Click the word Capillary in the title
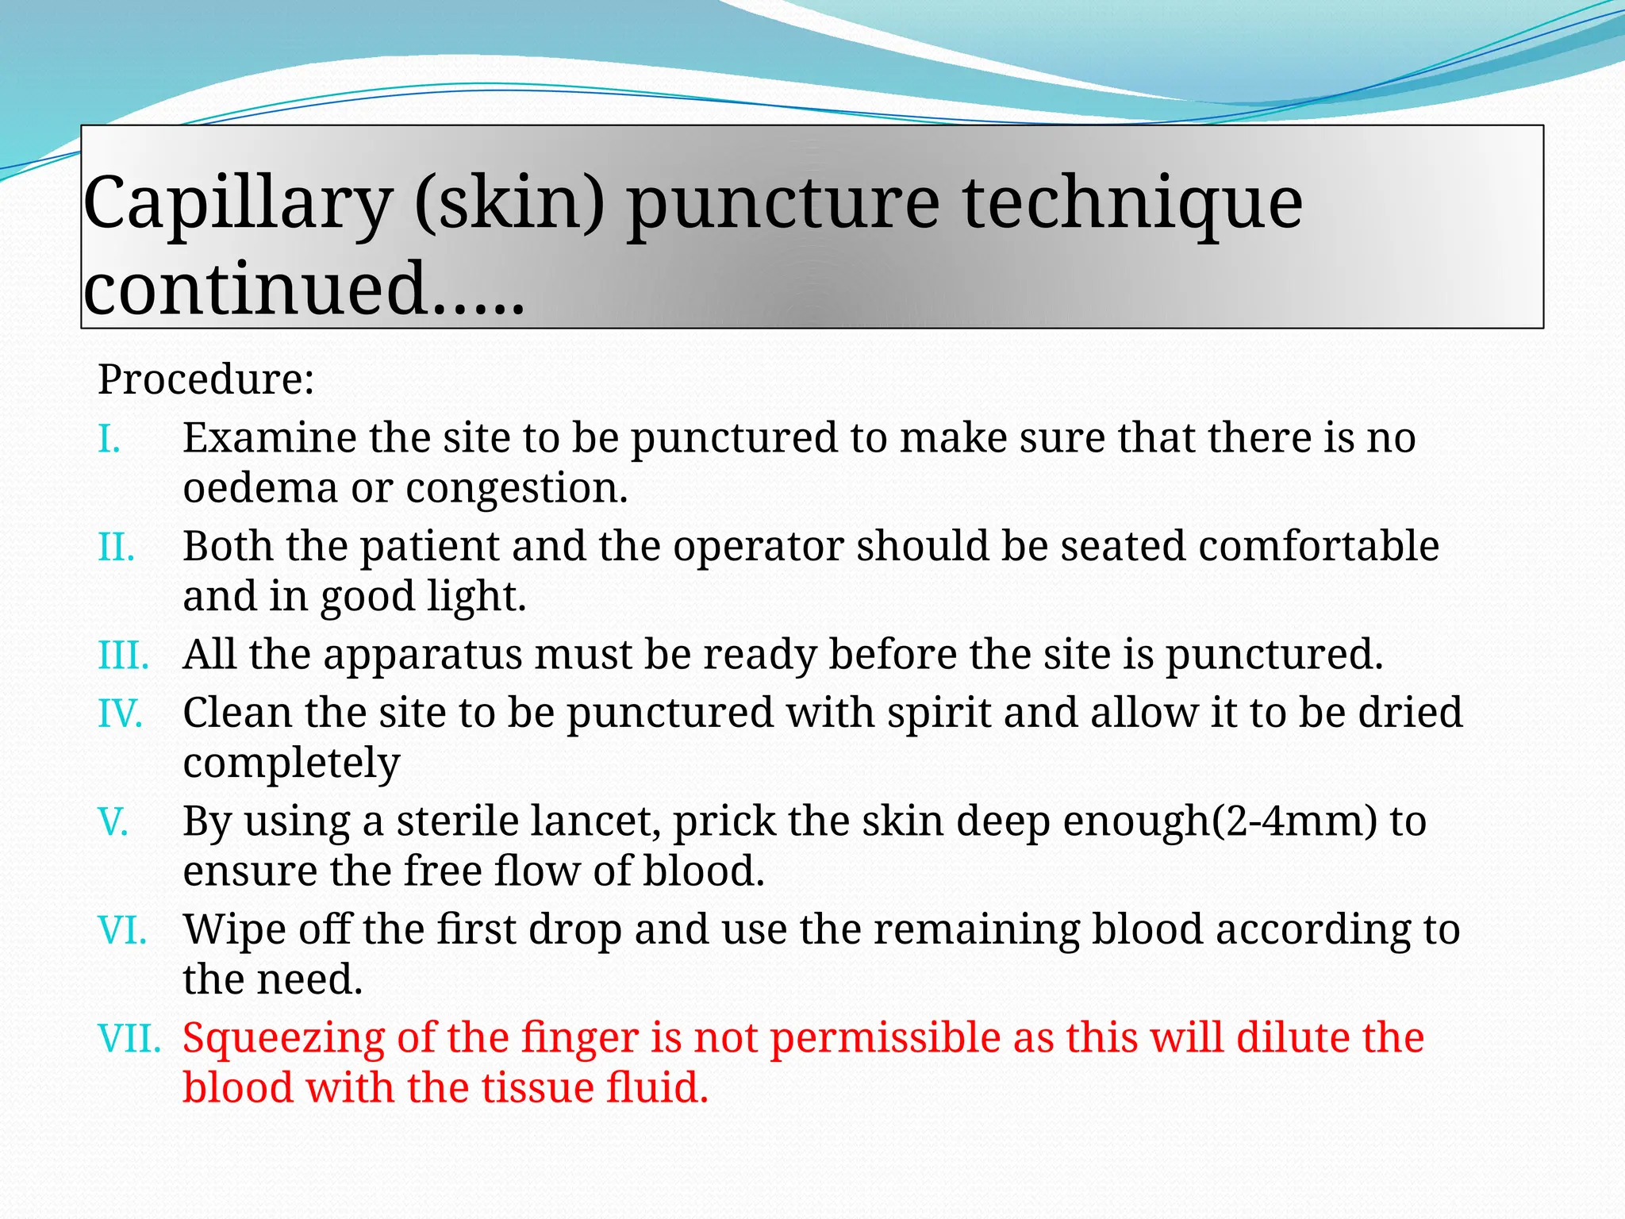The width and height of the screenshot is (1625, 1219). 237,203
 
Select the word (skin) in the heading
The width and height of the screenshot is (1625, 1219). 509,203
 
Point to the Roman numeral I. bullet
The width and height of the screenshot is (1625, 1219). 109,439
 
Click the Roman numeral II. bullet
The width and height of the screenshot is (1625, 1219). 116,548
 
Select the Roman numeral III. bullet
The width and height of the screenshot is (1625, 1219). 123,656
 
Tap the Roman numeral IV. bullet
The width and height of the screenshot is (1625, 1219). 120,713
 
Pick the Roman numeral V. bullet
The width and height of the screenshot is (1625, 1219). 113,822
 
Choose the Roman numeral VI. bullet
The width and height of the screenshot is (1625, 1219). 122,930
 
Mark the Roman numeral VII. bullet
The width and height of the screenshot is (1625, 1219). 129,1039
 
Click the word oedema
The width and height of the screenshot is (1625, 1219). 260,488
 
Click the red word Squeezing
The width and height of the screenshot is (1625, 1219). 283,1039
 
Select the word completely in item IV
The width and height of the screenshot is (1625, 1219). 291,764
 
